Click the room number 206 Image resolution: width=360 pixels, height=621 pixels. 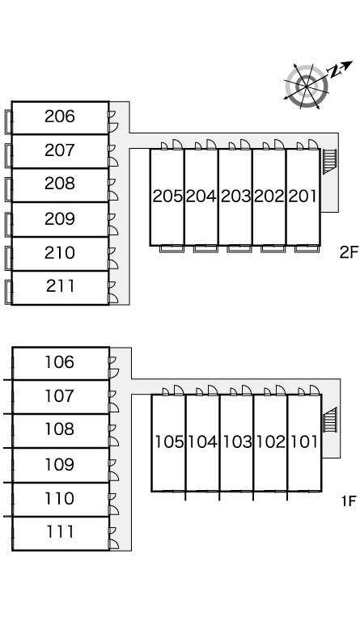[59, 116]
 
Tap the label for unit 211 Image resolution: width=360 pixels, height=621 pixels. [60, 286]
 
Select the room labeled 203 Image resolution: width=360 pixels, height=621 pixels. [235, 196]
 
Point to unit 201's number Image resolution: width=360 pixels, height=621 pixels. [303, 196]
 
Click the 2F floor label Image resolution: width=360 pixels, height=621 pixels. [349, 252]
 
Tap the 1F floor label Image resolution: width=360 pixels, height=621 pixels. [349, 501]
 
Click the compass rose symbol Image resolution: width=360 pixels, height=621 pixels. [307, 86]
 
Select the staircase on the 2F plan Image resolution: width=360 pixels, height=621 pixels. [329, 162]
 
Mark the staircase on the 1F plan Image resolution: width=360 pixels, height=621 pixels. [329, 420]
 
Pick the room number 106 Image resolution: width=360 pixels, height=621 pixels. [59, 362]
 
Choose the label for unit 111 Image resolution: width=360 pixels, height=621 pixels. [60, 532]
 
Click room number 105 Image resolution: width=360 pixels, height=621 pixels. [169, 442]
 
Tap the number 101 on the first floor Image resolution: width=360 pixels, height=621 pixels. [304, 442]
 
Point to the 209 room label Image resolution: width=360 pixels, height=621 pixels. [59, 218]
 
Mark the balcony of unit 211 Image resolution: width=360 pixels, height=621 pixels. [8, 292]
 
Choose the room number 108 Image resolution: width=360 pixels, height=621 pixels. [59, 429]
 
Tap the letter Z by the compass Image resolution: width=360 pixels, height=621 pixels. [335, 72]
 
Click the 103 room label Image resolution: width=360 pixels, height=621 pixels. [237, 442]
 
